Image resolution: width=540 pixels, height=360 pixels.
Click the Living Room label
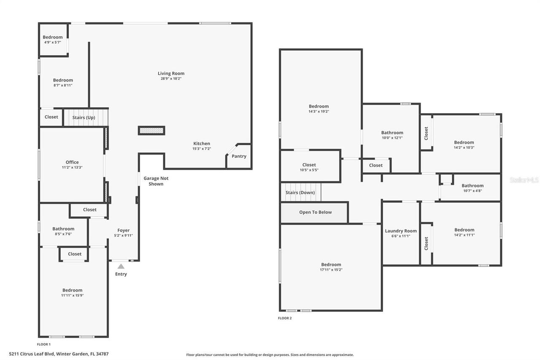pos(171,73)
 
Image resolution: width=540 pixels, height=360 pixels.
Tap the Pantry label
pos(239,156)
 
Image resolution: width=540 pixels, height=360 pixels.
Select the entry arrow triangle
pos(121,266)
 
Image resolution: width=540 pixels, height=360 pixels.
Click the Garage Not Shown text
pos(156,181)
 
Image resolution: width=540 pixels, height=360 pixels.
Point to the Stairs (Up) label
pos(84,117)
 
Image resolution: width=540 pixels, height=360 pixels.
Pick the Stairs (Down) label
pos(300,192)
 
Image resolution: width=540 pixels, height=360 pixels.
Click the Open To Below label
pos(315,212)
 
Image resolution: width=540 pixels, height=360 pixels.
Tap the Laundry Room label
pos(401,231)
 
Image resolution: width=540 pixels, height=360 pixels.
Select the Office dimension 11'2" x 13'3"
pos(72,167)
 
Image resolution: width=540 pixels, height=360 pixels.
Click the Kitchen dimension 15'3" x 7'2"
pos(202,149)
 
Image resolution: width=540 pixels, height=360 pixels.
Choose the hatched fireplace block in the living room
pos(151,131)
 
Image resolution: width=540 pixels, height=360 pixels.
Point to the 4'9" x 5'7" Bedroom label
pos(53,37)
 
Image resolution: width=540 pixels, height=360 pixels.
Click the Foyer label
pos(124,230)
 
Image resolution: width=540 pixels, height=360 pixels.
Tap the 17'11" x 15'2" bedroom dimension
pos(331,270)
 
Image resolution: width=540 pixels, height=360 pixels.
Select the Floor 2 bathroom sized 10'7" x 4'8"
pos(472,186)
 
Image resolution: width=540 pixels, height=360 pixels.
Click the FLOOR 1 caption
pos(44,344)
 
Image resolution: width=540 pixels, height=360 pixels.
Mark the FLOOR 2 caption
pos(285,318)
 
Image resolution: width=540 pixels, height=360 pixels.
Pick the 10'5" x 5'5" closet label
pos(309,165)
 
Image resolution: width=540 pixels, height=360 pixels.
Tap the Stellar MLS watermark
pos(524,180)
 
